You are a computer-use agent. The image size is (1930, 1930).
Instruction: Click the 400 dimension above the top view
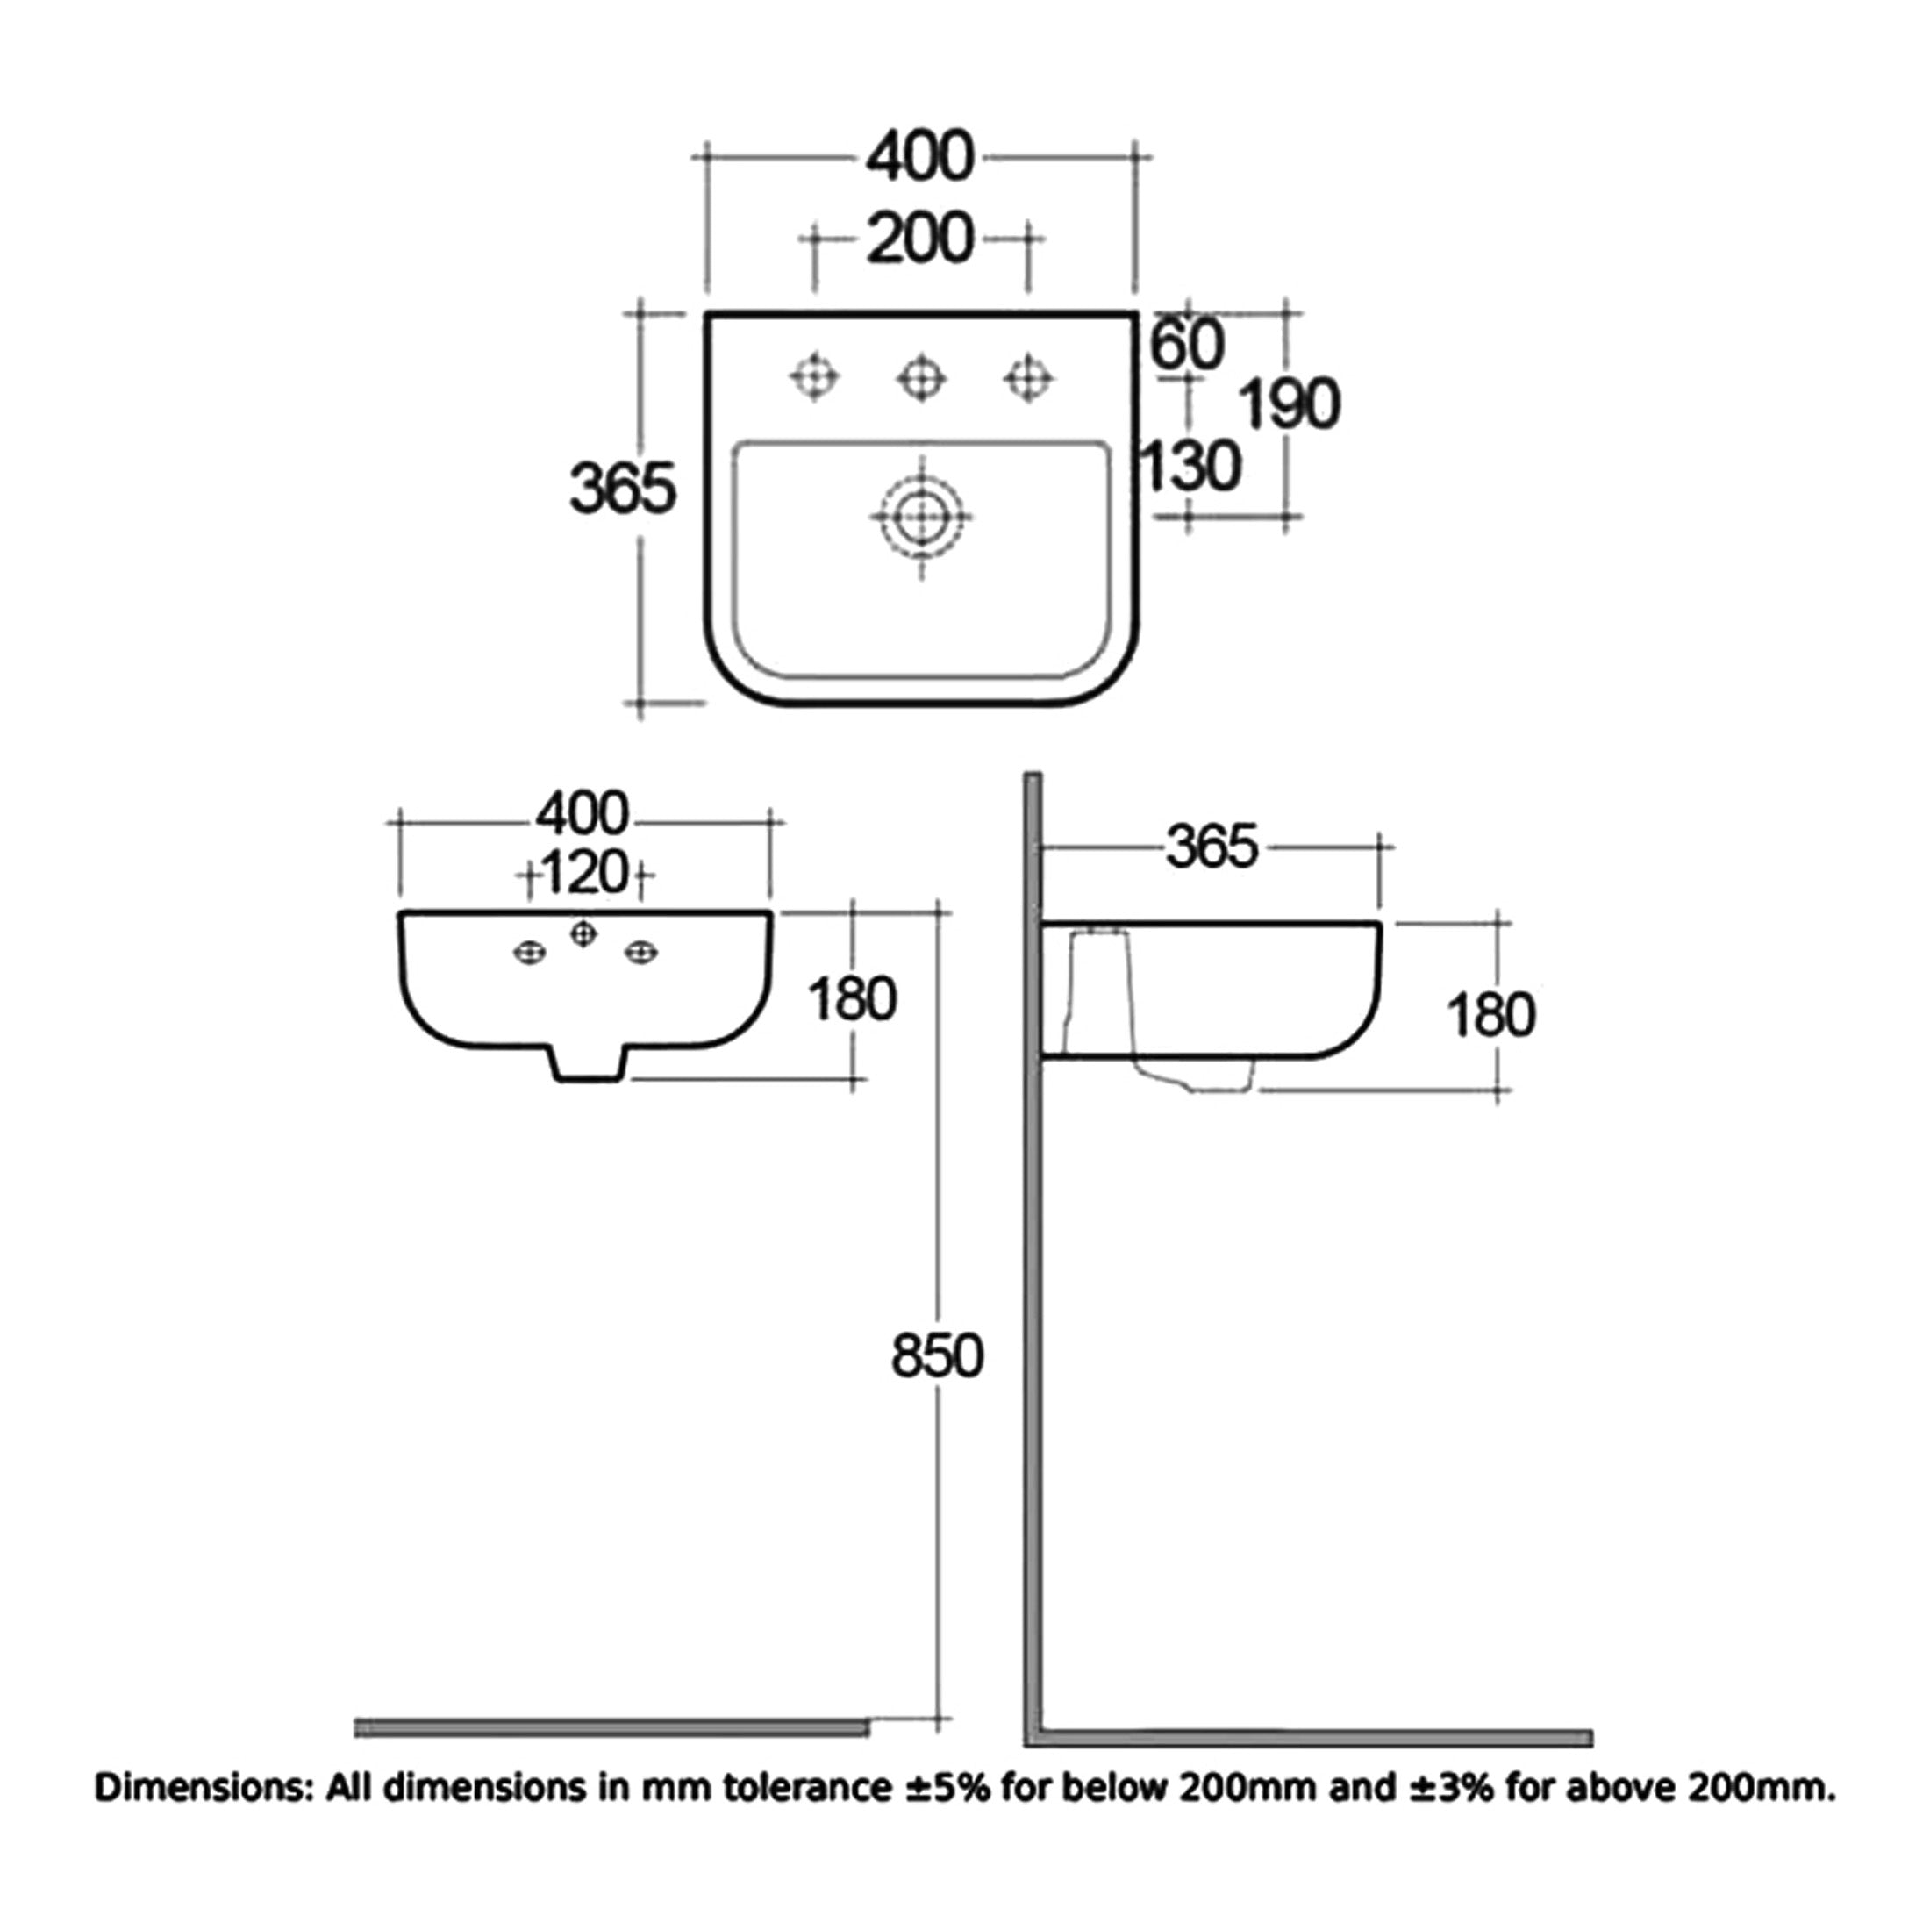(919, 158)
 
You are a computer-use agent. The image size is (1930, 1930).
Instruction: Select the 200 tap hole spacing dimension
(919, 239)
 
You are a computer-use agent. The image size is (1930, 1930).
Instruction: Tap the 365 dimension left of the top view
(622, 490)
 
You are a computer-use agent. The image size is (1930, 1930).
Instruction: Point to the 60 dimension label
(1187, 345)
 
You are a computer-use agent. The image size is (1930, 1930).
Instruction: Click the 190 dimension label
(1289, 404)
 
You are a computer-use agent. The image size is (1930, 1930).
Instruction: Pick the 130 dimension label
(1190, 467)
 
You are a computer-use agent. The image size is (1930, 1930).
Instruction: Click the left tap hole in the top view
(814, 377)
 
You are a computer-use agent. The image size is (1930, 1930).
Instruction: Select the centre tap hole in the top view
(921, 377)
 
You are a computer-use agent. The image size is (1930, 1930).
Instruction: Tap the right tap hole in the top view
(1028, 377)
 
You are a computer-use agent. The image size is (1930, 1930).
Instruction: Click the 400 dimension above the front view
(583, 814)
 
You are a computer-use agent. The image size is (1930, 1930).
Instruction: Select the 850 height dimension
(937, 1356)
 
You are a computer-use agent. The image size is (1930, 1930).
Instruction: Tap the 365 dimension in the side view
(1212, 847)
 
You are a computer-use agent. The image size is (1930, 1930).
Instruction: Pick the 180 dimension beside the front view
(852, 999)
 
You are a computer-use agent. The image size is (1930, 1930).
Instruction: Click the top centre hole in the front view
(583, 934)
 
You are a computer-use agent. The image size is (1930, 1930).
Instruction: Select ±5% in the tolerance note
(948, 1786)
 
